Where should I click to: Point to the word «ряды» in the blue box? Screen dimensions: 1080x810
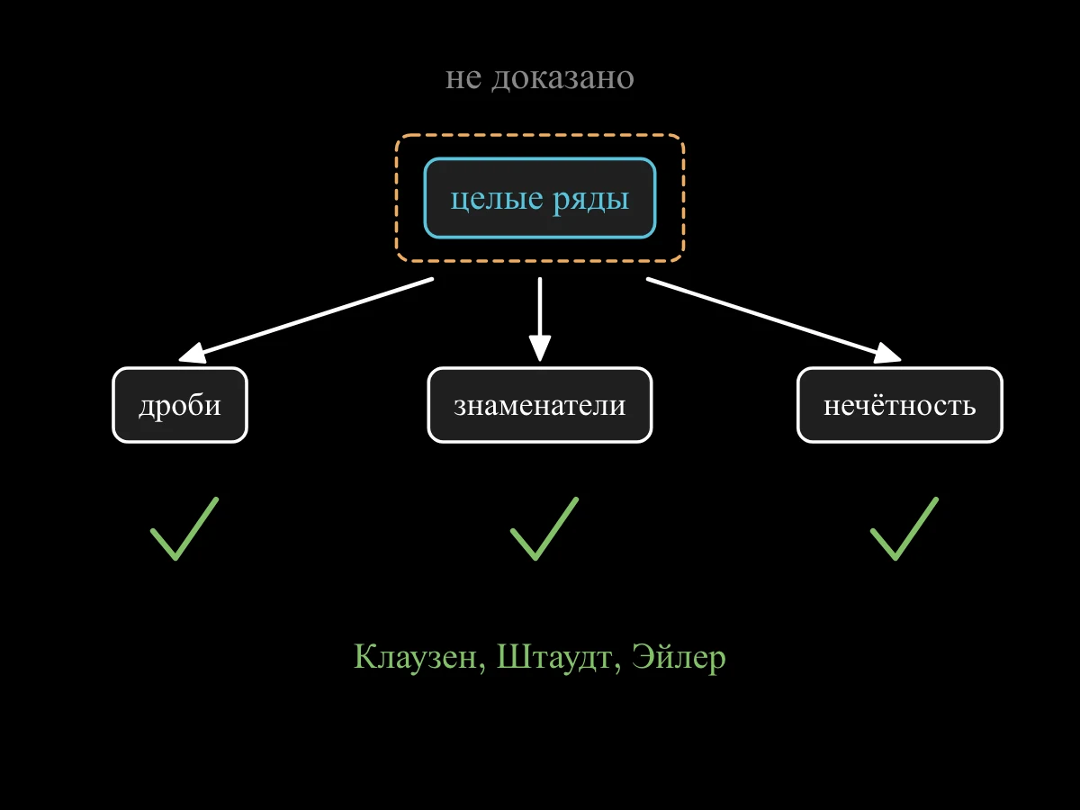coord(591,202)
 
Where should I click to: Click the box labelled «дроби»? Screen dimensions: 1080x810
coord(180,405)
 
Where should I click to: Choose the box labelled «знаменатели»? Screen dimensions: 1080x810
coord(540,405)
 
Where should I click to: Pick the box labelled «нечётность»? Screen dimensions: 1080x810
coord(900,405)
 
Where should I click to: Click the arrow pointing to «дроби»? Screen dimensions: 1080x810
coord(306,320)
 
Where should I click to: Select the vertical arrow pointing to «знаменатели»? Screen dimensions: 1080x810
coord(540,319)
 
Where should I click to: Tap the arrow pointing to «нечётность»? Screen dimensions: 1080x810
coord(774,320)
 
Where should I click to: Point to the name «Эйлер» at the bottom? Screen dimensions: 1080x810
coord(679,658)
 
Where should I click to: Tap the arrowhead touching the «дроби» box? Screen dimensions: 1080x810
coord(192,353)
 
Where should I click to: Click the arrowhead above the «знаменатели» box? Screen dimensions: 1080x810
coord(540,348)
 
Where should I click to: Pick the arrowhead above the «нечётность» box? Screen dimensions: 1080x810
coord(888,353)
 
